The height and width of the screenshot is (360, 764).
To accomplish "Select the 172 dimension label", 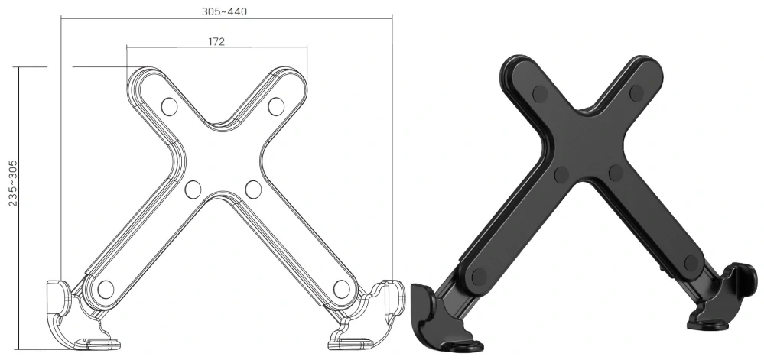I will click(x=216, y=42).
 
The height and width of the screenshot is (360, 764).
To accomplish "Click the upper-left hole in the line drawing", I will click(x=170, y=105).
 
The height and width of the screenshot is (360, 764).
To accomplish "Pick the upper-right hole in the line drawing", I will click(x=276, y=105).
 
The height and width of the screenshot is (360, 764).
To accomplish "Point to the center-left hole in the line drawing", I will click(x=193, y=188).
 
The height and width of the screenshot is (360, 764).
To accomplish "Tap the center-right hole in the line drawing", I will click(x=253, y=188).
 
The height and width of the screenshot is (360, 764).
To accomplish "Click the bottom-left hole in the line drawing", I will click(x=106, y=289).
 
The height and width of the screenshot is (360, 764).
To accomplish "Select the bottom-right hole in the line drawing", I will click(x=341, y=288).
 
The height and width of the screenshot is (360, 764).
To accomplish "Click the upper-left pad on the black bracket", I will click(x=540, y=94).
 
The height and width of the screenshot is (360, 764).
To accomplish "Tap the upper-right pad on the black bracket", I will click(x=636, y=93).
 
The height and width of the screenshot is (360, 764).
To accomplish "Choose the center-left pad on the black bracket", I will click(x=561, y=175).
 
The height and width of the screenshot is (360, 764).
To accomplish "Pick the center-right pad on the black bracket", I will click(x=616, y=173).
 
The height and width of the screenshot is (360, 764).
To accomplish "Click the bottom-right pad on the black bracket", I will click(x=692, y=264).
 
